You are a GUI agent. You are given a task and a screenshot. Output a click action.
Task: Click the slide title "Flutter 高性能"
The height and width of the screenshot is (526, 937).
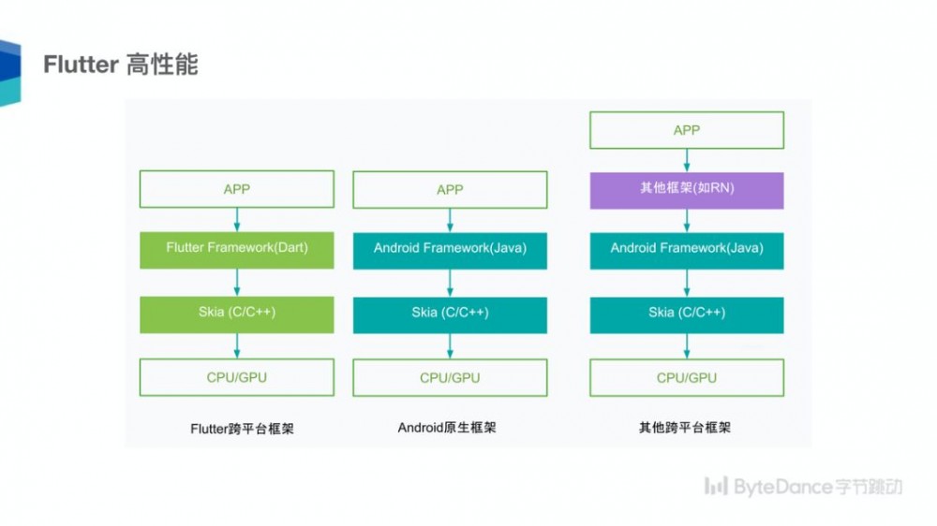tap(121, 65)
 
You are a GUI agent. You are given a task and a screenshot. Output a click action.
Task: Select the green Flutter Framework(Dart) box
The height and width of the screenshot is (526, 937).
tap(237, 248)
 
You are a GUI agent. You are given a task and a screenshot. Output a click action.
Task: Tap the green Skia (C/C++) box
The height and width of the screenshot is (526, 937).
tap(237, 314)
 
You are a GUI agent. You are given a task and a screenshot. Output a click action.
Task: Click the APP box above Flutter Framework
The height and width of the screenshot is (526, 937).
tap(237, 189)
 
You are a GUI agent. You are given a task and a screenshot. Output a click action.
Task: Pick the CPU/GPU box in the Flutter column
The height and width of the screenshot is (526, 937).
tap(237, 377)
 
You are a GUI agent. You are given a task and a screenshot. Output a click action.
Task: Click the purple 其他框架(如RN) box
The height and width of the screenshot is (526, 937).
tap(687, 189)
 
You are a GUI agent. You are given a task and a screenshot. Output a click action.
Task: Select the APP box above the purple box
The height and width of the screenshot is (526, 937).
tap(687, 130)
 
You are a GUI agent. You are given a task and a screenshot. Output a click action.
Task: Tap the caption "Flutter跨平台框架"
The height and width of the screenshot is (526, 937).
tap(242, 430)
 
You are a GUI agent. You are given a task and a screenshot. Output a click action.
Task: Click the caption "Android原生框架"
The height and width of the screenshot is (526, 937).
tap(447, 428)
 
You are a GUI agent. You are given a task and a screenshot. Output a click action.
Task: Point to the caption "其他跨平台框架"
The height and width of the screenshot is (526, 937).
tap(684, 428)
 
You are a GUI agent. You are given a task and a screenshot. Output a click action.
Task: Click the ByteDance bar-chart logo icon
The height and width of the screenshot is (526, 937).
tap(716, 486)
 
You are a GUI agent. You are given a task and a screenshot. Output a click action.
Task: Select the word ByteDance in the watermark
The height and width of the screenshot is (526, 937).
tap(782, 487)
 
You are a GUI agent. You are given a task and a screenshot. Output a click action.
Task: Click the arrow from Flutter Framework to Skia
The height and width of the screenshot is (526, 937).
tap(237, 282)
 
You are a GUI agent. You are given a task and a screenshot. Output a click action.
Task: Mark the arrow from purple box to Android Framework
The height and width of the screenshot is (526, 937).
tap(687, 220)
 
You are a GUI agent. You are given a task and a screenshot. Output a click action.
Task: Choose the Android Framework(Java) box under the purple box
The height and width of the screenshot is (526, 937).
tap(687, 248)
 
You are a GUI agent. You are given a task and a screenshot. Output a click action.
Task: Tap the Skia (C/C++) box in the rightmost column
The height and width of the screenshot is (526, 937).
tap(687, 314)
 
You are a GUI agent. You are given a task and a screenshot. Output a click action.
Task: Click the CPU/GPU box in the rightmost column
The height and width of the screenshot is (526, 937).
tap(687, 377)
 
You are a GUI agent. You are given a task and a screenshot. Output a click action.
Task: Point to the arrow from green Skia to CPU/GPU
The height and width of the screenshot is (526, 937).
tap(237, 345)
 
